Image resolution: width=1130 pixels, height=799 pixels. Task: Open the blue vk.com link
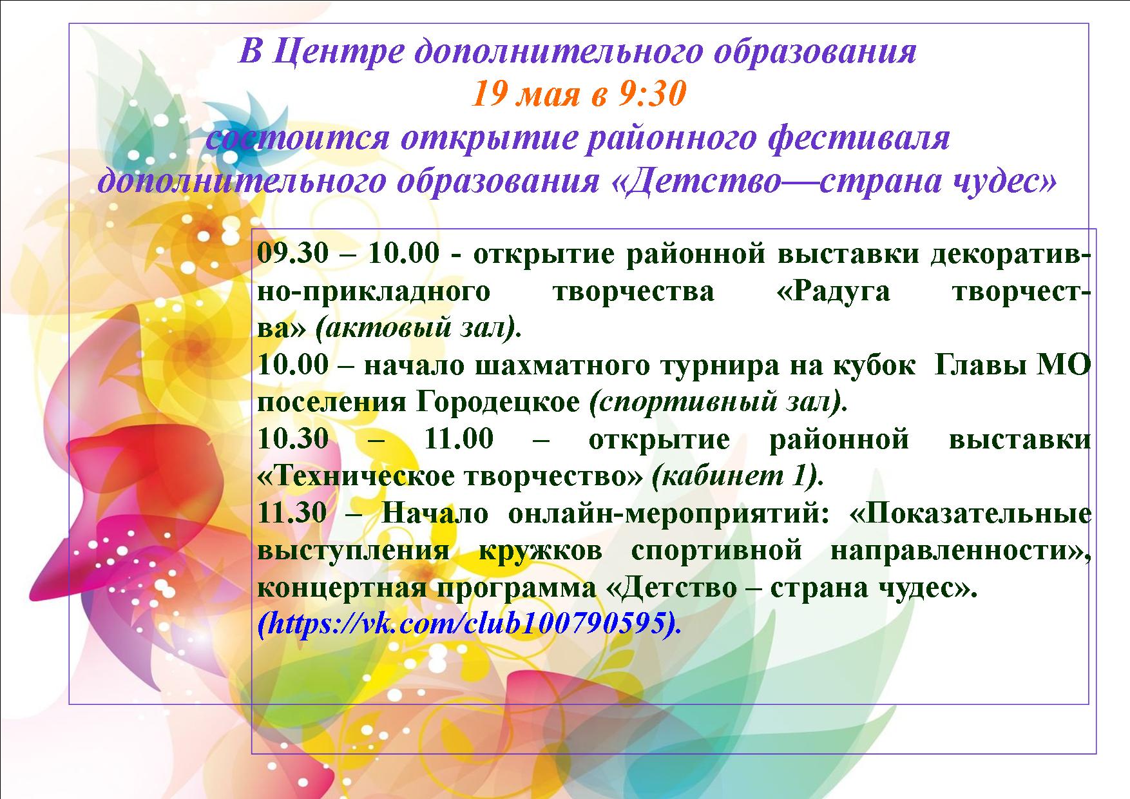pos(469,624)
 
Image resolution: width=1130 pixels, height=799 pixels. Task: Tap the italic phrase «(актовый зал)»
pos(418,329)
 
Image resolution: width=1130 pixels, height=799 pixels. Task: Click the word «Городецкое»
pos(498,403)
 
